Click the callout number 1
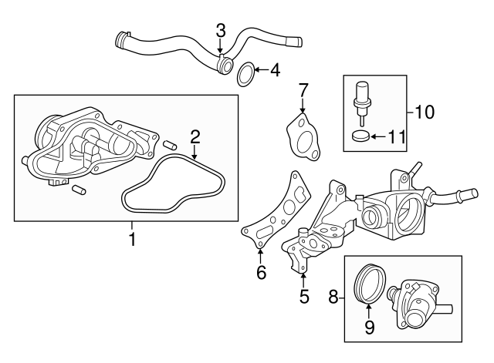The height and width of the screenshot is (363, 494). tap(133, 239)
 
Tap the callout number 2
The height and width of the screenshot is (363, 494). tap(195, 137)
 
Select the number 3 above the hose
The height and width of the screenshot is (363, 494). tap(221, 31)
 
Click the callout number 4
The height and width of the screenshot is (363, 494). tap(275, 70)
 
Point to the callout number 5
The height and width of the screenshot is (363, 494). tap(304, 296)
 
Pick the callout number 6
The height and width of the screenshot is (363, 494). tap(262, 272)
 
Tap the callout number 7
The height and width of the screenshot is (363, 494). tap(303, 91)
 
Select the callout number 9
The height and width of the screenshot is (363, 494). tap(369, 327)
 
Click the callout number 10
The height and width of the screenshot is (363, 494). tap(425, 112)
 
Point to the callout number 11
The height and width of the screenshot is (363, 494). tap(396, 137)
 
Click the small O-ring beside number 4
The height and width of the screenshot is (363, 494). tap(245, 75)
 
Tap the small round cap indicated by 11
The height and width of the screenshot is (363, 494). tap(359, 136)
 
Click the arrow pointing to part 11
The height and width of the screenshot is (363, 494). tap(378, 136)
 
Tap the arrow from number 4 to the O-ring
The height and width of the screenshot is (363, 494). tap(261, 69)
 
